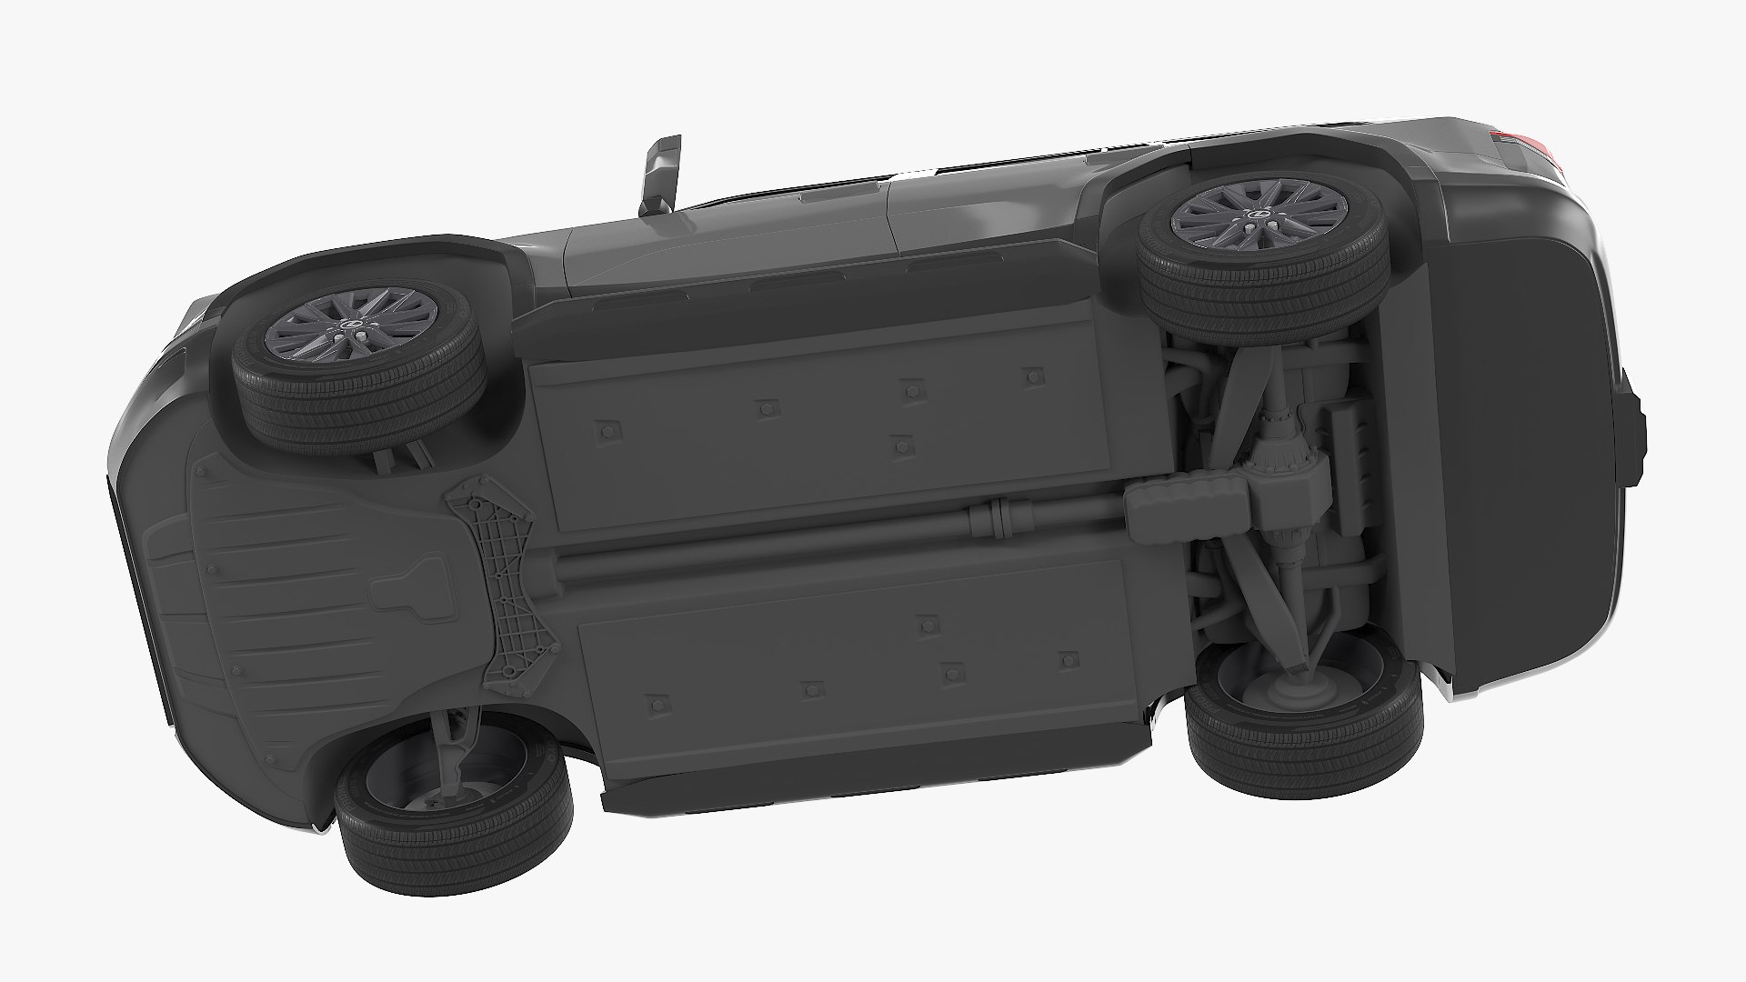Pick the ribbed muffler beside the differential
point(1183,501)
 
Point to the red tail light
point(1528,145)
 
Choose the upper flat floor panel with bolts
point(818,418)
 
